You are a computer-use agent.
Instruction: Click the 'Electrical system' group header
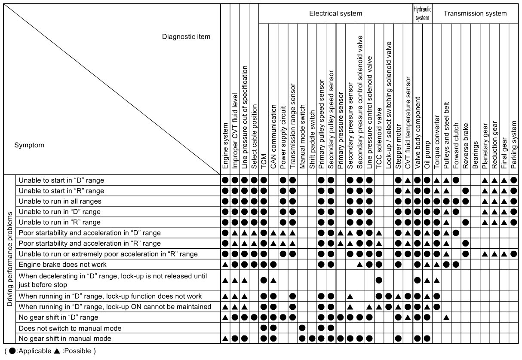point(335,13)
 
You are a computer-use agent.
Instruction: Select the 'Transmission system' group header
point(475,13)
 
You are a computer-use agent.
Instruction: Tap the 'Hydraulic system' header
point(422,13)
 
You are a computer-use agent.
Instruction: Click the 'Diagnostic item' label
point(186,37)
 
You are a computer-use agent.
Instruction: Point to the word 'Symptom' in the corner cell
point(29,145)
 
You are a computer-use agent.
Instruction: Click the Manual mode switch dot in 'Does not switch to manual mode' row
point(302,328)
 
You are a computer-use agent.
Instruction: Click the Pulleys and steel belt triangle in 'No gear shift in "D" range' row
point(446,317)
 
